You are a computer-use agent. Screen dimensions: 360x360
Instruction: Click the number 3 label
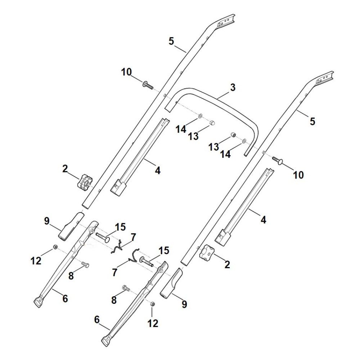click(x=233, y=87)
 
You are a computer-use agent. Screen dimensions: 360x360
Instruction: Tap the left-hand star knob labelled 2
click(x=84, y=181)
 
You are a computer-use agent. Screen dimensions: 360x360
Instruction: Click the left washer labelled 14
click(x=200, y=116)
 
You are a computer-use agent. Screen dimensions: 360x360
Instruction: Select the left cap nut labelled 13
click(x=212, y=122)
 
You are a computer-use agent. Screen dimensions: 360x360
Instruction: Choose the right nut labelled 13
click(x=233, y=135)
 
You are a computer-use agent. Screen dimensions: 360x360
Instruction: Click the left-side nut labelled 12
click(x=55, y=247)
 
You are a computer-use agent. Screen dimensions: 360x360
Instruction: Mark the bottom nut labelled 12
click(x=152, y=304)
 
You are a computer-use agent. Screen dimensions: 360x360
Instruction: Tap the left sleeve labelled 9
click(x=70, y=227)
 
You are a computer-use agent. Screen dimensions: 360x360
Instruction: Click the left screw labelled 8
click(x=85, y=265)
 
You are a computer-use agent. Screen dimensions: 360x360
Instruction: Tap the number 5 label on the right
click(x=312, y=121)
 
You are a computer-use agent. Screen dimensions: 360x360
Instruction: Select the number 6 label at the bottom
click(x=96, y=319)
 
